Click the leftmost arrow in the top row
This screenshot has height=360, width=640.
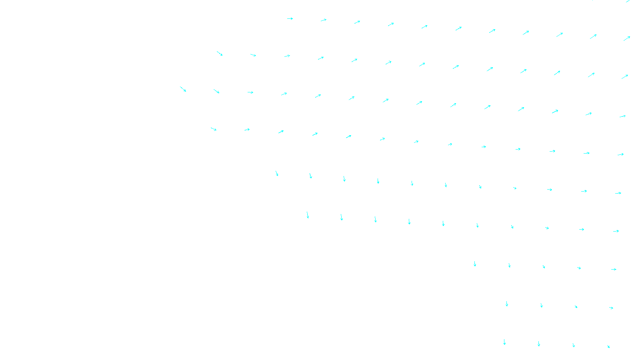click(x=290, y=18)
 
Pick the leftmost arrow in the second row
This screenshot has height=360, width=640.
click(x=220, y=54)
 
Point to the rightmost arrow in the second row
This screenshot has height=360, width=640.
click(x=625, y=77)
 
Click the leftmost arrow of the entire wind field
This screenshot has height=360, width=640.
click(x=183, y=89)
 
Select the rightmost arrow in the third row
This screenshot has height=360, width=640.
click(x=622, y=116)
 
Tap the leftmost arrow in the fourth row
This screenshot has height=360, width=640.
click(x=214, y=129)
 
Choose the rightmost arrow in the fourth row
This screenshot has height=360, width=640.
click(x=620, y=154)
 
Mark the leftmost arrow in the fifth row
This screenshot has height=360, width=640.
click(x=277, y=174)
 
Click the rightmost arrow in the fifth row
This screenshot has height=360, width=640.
click(x=618, y=193)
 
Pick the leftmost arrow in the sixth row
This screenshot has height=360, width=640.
click(x=308, y=215)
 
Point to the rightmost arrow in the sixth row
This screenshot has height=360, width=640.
click(x=616, y=231)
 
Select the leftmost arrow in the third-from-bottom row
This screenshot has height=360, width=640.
click(x=475, y=264)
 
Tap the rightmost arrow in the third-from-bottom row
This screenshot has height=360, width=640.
click(x=614, y=270)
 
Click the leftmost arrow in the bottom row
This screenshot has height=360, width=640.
click(x=504, y=342)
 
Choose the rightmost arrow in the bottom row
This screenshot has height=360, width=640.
click(x=608, y=346)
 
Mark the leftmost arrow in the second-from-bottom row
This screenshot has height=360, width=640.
click(x=507, y=304)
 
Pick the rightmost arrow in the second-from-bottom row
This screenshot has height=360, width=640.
click(x=611, y=308)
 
